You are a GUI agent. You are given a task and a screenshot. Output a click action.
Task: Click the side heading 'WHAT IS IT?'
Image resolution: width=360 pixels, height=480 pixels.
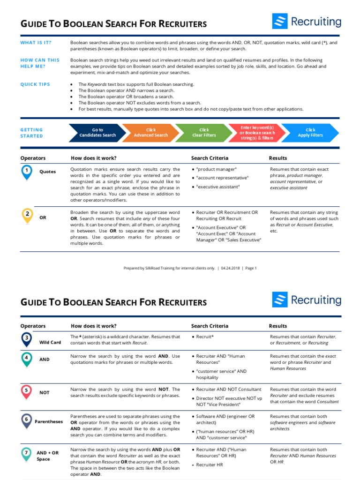tap(36, 43)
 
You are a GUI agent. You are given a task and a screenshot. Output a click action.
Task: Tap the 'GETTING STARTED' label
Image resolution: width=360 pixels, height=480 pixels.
tap(31, 133)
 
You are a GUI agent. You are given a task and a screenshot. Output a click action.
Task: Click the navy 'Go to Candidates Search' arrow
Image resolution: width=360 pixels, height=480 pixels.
tap(97, 133)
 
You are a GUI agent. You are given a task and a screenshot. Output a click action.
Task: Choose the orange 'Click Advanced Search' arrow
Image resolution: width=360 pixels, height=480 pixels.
tap(150, 133)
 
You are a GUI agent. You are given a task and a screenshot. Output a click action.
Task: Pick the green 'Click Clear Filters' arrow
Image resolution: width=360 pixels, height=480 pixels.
tap(204, 133)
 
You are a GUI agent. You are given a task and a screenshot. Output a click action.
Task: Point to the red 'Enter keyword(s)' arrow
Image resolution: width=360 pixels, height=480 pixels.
tap(257, 133)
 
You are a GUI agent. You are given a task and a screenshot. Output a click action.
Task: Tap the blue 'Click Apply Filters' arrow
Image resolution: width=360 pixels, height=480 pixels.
tap(310, 133)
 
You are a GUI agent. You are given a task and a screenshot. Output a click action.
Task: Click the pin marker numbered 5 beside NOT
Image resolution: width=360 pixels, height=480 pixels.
tap(27, 390)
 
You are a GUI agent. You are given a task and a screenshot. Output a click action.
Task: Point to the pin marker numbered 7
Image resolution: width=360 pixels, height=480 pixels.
tap(27, 453)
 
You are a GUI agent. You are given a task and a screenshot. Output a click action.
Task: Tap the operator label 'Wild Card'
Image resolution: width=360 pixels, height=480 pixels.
tap(50, 342)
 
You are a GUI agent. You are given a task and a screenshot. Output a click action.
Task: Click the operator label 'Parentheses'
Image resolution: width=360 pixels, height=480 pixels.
tap(49, 421)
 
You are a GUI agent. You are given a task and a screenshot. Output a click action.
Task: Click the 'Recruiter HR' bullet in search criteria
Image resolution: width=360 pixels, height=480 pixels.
tap(210, 465)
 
